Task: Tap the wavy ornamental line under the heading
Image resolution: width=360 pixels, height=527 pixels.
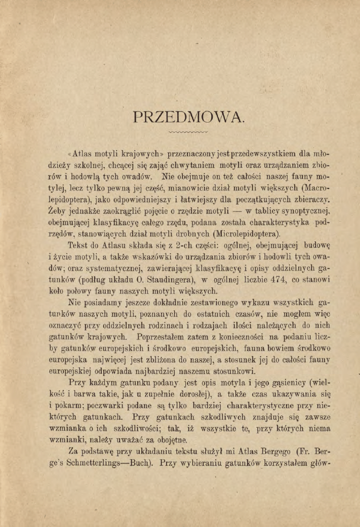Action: [x=188, y=133]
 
